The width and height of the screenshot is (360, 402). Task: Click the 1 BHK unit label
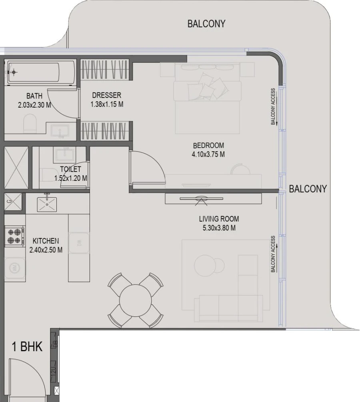coord(27,346)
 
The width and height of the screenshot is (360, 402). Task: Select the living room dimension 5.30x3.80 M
coord(219,228)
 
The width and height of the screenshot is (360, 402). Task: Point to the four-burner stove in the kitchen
coord(14,236)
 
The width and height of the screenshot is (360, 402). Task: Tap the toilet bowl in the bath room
coord(30,124)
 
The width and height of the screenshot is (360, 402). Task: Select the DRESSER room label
coord(106,95)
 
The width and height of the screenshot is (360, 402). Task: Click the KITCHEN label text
coord(46,241)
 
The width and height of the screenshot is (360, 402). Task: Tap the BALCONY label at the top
coord(206,24)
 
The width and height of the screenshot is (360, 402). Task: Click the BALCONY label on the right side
coord(308,189)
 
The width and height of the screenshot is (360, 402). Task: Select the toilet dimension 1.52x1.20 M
coord(71,178)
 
